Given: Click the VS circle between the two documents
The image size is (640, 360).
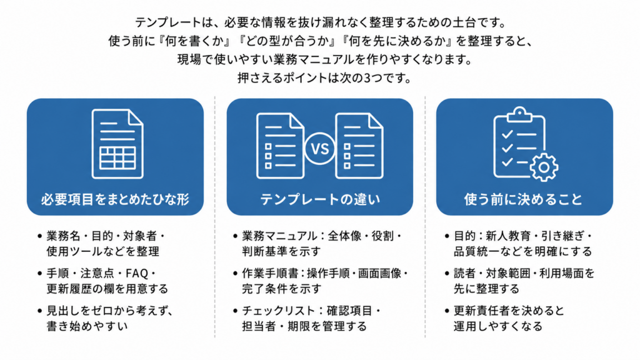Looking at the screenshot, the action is point(319,149).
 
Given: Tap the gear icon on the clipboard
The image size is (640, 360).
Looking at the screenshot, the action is point(544,167).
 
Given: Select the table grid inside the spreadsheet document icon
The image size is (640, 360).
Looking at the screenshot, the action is point(117,158).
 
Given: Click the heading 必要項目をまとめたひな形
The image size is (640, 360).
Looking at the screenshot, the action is point(115,199).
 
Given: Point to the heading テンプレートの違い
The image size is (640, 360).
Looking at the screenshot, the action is point(320,199).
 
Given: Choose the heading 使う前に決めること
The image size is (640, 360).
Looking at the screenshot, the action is point(523,199).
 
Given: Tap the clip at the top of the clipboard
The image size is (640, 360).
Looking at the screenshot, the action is point(519,114).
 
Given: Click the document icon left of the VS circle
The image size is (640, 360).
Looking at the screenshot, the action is point(281,146).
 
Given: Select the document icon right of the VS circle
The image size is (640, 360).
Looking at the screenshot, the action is point(359,146).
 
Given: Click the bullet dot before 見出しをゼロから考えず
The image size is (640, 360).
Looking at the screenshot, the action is point(39,311).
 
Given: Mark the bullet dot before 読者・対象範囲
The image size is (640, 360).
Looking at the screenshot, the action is point(447,274).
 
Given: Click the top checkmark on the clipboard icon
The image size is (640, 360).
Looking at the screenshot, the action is point(507,134).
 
